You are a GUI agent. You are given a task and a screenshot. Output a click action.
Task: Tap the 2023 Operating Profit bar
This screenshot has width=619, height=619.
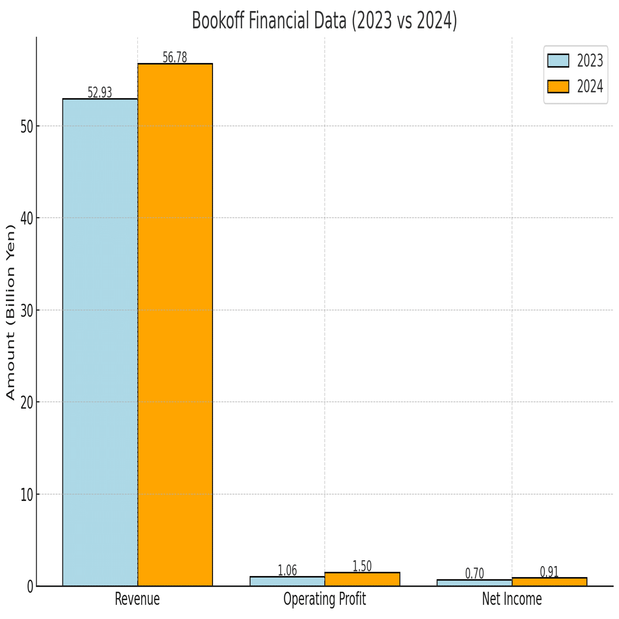pyautogui.click(x=287, y=581)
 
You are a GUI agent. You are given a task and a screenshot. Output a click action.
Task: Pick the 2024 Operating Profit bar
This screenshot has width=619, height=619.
pyautogui.click(x=362, y=579)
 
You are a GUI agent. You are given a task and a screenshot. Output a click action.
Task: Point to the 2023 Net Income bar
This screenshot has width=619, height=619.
pyautogui.click(x=475, y=583)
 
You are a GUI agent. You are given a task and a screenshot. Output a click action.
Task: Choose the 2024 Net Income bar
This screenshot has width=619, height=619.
pyautogui.click(x=549, y=582)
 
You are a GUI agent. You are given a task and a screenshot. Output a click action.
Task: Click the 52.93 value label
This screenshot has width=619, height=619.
pyautogui.click(x=100, y=93)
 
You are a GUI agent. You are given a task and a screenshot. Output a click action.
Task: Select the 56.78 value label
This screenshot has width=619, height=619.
pyautogui.click(x=175, y=58)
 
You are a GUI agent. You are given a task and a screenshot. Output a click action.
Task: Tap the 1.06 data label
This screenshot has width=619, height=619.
pyautogui.click(x=287, y=570)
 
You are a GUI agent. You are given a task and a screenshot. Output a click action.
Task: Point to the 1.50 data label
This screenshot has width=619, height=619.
pyautogui.click(x=362, y=567)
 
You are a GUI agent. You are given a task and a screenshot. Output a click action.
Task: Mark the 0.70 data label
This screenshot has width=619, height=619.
pyautogui.click(x=475, y=573)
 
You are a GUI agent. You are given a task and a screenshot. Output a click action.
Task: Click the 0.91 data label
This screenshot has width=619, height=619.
pyautogui.click(x=549, y=572)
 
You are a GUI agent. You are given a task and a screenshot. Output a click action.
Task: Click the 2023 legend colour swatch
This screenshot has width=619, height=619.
pyautogui.click(x=558, y=61)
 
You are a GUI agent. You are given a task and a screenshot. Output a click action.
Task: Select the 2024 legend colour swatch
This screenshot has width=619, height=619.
pyautogui.click(x=558, y=87)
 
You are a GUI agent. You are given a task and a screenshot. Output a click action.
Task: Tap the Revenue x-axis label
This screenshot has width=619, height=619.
pyautogui.click(x=137, y=599)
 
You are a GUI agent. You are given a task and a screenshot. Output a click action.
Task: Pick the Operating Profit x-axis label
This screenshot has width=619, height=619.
pyautogui.click(x=325, y=599)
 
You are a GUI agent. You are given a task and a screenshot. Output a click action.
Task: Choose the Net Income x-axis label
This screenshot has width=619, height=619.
pyautogui.click(x=512, y=599)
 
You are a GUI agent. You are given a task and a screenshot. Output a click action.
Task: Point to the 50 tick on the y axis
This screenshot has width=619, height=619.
pyautogui.click(x=27, y=126)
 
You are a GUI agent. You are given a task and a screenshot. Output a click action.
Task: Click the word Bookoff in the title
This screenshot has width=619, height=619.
pyautogui.click(x=216, y=21)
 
